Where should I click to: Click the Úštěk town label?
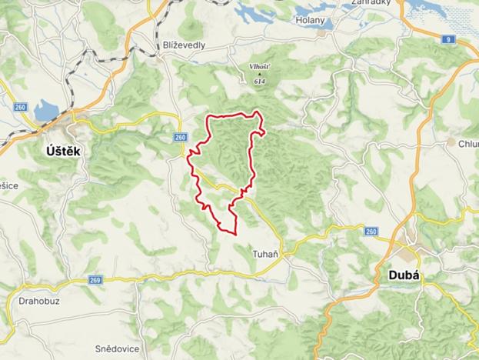point(61,152)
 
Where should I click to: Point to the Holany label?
point(311,21)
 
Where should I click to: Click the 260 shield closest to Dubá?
point(371,232)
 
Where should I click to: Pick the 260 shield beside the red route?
point(180,137)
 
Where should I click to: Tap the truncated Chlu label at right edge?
point(468,144)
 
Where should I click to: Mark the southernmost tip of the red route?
point(234,232)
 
